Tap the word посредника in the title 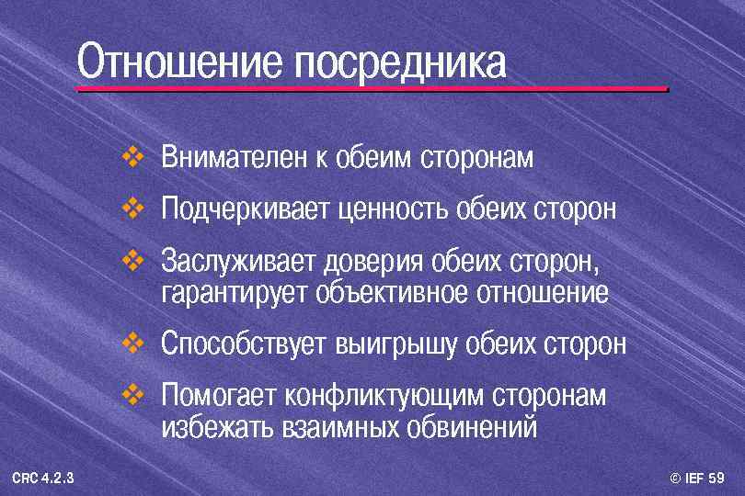401,62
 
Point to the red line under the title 372,89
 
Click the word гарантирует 235,294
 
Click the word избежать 216,427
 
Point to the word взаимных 339,427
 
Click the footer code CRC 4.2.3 44,479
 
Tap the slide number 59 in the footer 717,479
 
